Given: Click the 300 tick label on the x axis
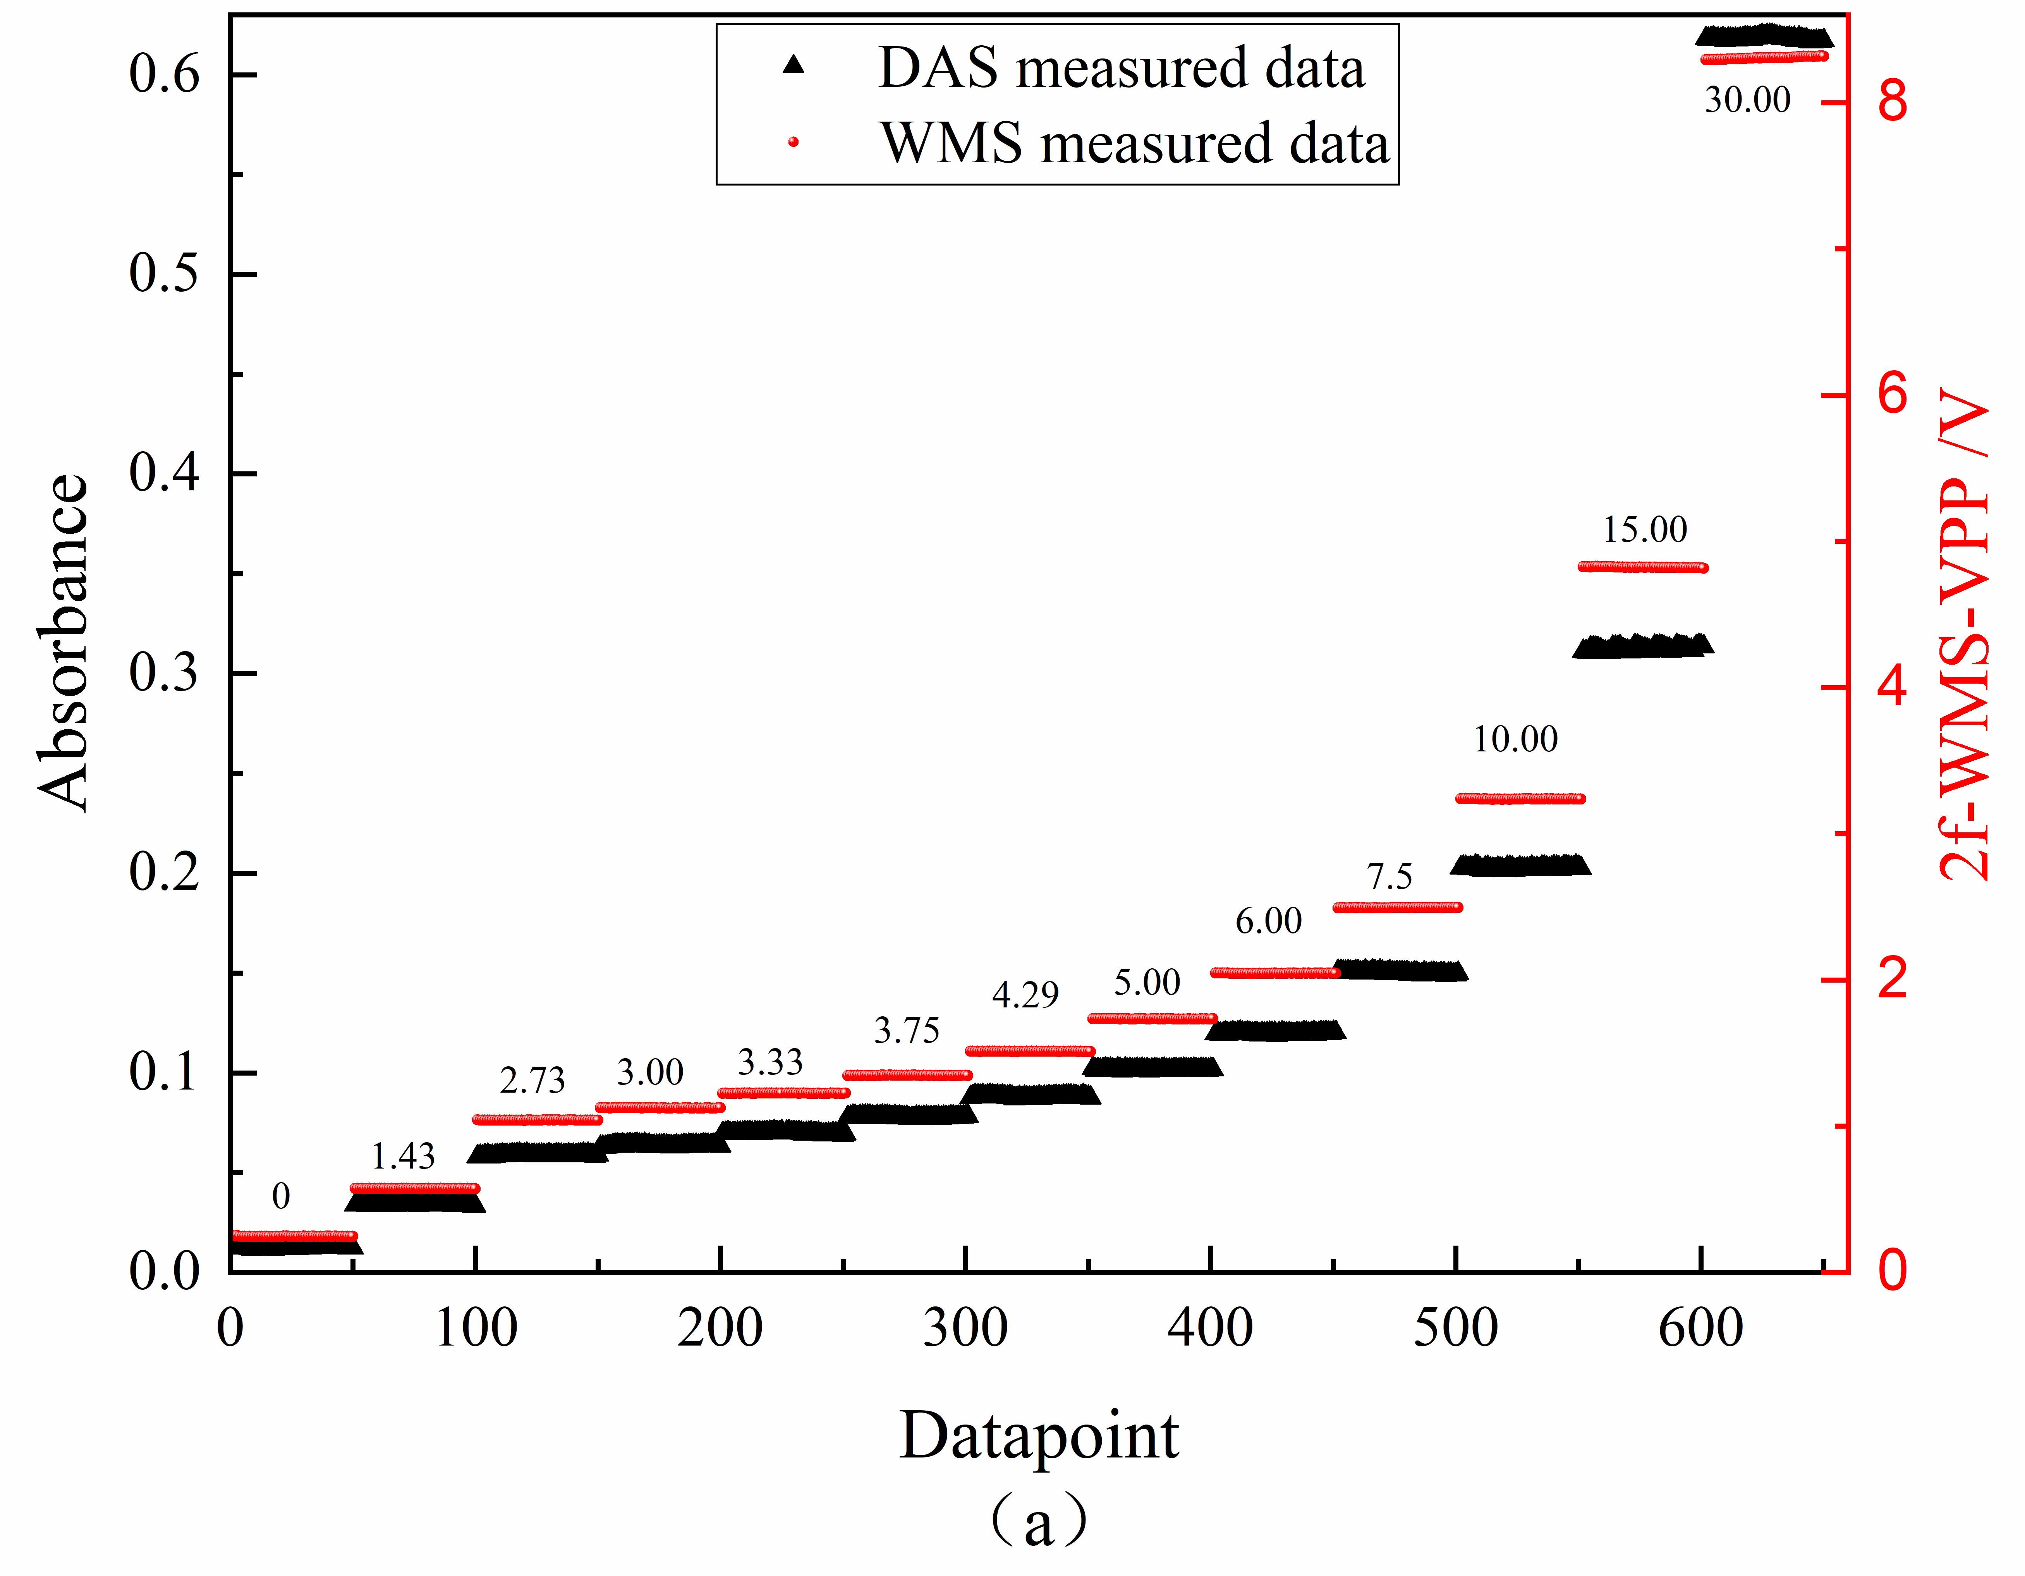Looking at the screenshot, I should click(965, 1329).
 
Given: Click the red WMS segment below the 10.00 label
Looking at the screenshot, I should click(1521, 798).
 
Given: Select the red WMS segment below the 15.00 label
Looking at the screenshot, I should click(1642, 566).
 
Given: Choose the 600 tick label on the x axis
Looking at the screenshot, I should click(1700, 1329).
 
